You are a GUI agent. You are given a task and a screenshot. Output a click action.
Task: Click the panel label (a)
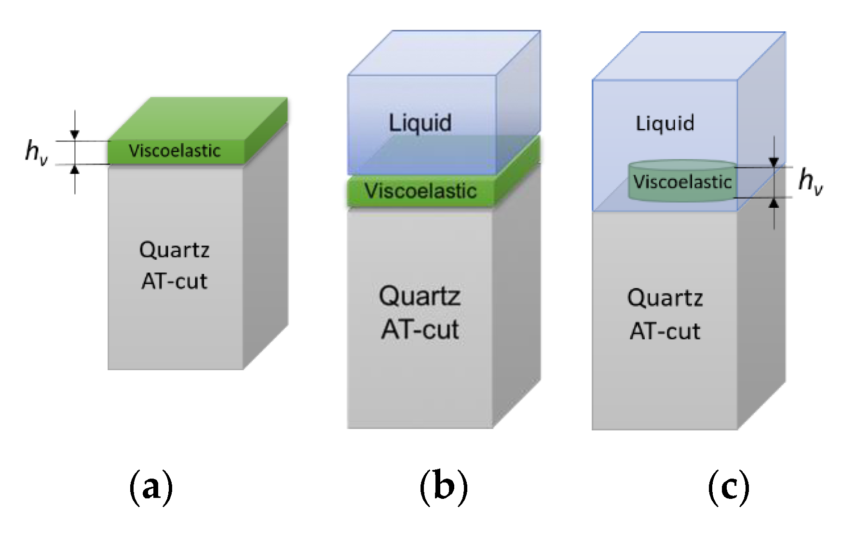[151, 487]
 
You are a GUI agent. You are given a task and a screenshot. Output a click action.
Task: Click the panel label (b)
[444, 487]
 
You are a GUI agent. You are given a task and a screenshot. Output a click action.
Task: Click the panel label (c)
[729, 487]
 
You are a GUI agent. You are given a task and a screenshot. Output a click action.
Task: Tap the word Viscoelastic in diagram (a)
[175, 151]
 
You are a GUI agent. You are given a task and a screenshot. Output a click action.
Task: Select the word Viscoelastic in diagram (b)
[421, 191]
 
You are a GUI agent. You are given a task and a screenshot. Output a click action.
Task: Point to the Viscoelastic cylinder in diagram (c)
[682, 182]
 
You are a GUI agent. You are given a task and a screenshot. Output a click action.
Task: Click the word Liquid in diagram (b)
[420, 122]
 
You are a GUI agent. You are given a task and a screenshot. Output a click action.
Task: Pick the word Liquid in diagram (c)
[665, 123]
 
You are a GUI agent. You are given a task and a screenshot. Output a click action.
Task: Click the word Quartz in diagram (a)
[174, 250]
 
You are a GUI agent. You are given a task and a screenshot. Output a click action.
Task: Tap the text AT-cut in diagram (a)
[174, 281]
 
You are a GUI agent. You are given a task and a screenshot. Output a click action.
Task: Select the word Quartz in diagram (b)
[420, 296]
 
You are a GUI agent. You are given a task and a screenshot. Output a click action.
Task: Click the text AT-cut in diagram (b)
[420, 330]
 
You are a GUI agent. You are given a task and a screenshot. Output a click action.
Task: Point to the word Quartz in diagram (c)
[665, 298]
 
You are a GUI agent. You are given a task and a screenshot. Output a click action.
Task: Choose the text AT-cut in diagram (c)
[665, 332]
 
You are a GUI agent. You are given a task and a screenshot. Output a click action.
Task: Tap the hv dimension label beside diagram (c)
[811, 182]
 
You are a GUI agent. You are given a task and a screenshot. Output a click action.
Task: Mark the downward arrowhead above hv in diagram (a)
[75, 135]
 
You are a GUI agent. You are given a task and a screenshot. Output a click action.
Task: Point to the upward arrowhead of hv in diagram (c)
[774, 203]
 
